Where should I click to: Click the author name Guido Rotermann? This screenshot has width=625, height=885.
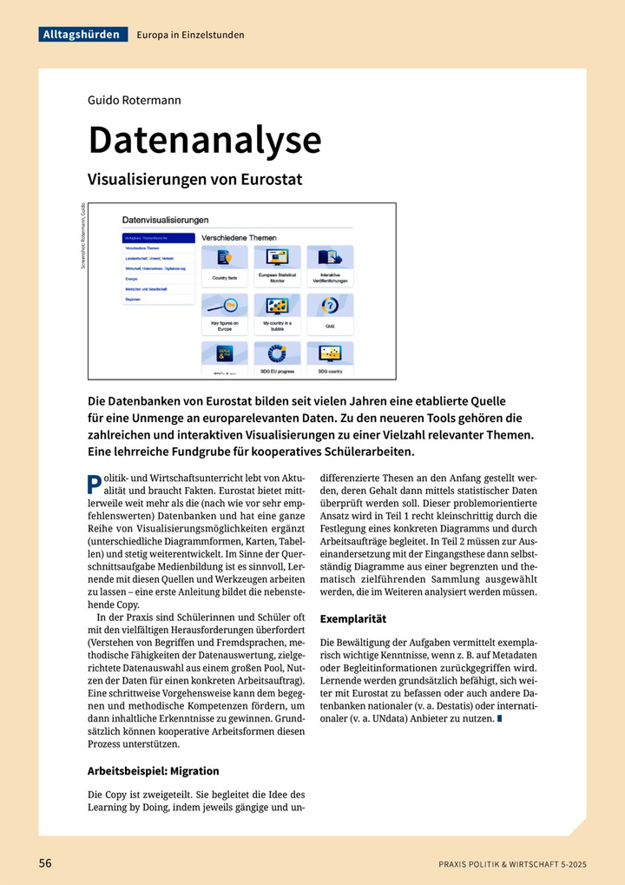point(134,100)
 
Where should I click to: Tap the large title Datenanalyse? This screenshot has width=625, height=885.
point(204,140)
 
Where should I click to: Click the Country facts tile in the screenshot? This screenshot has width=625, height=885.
point(225,267)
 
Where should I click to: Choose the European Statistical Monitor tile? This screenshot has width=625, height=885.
point(277,267)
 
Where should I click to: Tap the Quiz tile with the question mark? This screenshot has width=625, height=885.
point(330,315)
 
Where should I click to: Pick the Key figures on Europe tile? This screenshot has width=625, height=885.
point(225,315)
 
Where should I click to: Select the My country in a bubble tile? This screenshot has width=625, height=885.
point(277,315)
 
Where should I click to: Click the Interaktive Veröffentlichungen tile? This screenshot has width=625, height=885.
point(330,267)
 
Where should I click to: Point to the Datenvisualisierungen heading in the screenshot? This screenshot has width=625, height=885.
point(165,221)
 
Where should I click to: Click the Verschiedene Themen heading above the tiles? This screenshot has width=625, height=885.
point(239,236)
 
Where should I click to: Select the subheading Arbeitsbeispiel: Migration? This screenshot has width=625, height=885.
point(154,770)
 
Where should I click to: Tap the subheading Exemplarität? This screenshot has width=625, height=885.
point(353,619)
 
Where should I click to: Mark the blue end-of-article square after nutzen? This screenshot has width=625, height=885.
point(500,719)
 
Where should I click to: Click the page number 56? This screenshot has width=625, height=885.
point(45,863)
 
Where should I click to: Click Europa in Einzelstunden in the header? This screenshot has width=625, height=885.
point(190,35)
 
